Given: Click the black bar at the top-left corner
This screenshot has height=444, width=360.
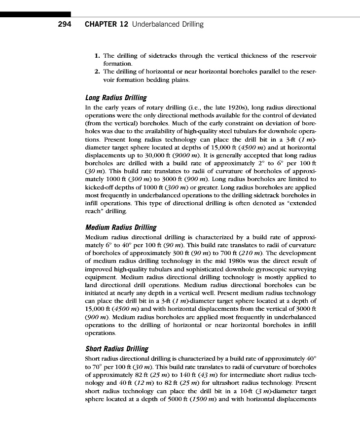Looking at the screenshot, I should (x=35, y=15).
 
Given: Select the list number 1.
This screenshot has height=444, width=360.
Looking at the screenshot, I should (x=97, y=56).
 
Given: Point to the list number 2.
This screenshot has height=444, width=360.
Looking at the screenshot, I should (x=97, y=72).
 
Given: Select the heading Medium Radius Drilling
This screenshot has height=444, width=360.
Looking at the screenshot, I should (x=120, y=227).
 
